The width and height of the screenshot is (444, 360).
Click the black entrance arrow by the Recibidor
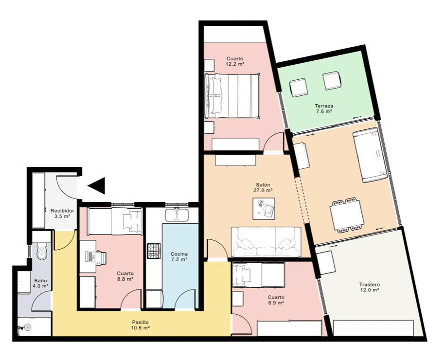pos(98,185)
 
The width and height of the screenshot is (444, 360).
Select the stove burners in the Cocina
pos(154,251)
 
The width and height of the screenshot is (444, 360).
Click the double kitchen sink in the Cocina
pos(177,215)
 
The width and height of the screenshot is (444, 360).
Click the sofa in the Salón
pos(266,242)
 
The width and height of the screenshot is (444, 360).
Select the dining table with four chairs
pos(346,215)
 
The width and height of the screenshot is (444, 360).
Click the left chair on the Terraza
pos(299,88)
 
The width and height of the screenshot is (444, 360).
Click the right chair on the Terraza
pos(332,81)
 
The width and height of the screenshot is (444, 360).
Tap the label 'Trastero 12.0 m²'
pos(370,287)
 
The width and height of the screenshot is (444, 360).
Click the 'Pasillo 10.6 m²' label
pos(141,325)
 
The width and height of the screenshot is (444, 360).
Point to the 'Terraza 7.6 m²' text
pos(324,108)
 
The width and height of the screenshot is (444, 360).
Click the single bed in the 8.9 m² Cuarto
pos(258,275)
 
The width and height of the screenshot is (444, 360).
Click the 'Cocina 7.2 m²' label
pos(179,257)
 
